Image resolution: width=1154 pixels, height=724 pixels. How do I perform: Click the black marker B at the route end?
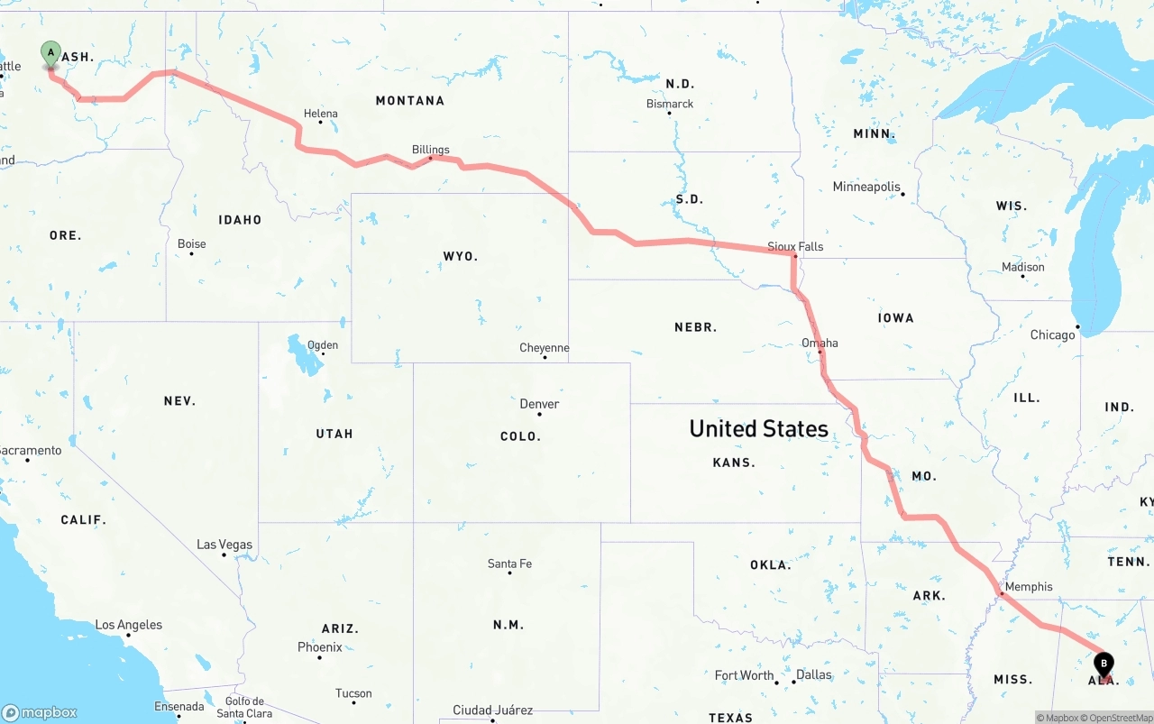click(1104, 664)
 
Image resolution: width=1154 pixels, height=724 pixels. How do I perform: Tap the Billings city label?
click(431, 150)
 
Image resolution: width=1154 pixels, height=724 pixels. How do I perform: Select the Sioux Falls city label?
click(795, 246)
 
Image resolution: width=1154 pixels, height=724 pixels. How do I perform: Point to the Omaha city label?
click(820, 343)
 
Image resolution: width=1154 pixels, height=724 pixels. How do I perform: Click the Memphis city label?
click(1029, 587)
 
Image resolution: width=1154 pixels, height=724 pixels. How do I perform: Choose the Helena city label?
click(321, 114)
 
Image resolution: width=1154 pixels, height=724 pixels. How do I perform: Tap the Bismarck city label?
click(670, 104)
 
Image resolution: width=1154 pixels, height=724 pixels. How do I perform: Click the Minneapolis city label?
click(866, 187)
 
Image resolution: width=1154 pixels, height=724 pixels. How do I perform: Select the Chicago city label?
click(1053, 335)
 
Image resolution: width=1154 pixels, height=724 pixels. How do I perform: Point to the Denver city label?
click(539, 404)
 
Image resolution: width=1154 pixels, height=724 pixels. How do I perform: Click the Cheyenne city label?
click(545, 348)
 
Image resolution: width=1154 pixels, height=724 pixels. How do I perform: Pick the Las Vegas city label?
click(224, 545)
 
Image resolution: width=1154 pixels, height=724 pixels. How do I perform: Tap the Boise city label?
click(192, 243)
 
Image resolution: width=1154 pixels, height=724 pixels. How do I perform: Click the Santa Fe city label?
click(509, 564)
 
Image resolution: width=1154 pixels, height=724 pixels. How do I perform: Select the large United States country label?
click(758, 428)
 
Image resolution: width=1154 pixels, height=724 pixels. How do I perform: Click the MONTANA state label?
click(410, 100)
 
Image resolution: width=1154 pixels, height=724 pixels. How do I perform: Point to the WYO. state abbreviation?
click(461, 256)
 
